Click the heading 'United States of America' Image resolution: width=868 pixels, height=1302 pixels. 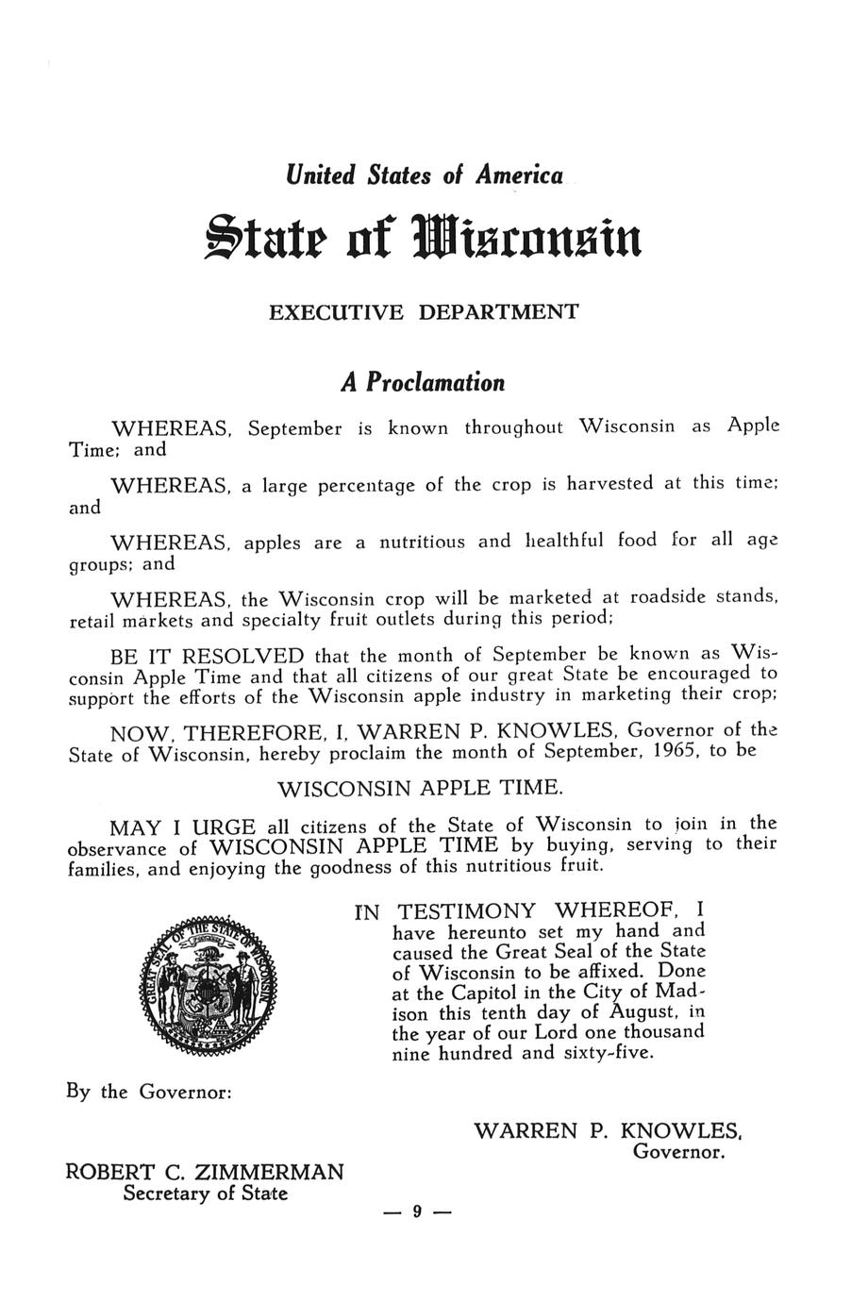[425, 175]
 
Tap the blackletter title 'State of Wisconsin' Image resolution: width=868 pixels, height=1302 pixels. [424, 240]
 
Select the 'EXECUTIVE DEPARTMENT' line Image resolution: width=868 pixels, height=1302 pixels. [424, 311]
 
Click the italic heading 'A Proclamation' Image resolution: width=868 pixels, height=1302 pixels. [423, 383]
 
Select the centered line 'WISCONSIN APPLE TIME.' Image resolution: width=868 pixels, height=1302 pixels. [424, 787]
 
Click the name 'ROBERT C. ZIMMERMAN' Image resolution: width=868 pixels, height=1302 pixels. [205, 1172]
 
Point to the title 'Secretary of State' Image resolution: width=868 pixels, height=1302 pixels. [206, 1193]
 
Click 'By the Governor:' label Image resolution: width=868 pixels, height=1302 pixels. [149, 1092]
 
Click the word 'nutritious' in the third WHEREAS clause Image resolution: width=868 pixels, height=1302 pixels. [423, 542]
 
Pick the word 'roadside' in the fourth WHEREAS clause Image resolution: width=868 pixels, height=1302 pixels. [668, 596]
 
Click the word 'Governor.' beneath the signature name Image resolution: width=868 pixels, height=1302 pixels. [679, 1152]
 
